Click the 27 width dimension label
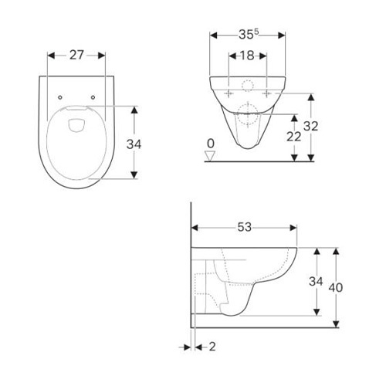point(76,55)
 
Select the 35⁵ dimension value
point(248,35)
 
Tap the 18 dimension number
point(247,56)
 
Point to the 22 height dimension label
point(293,137)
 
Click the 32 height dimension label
point(311,126)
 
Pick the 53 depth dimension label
point(244,227)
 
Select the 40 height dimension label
point(336,287)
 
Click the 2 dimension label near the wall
point(212,347)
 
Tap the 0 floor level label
point(211,144)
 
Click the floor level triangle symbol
point(210,156)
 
